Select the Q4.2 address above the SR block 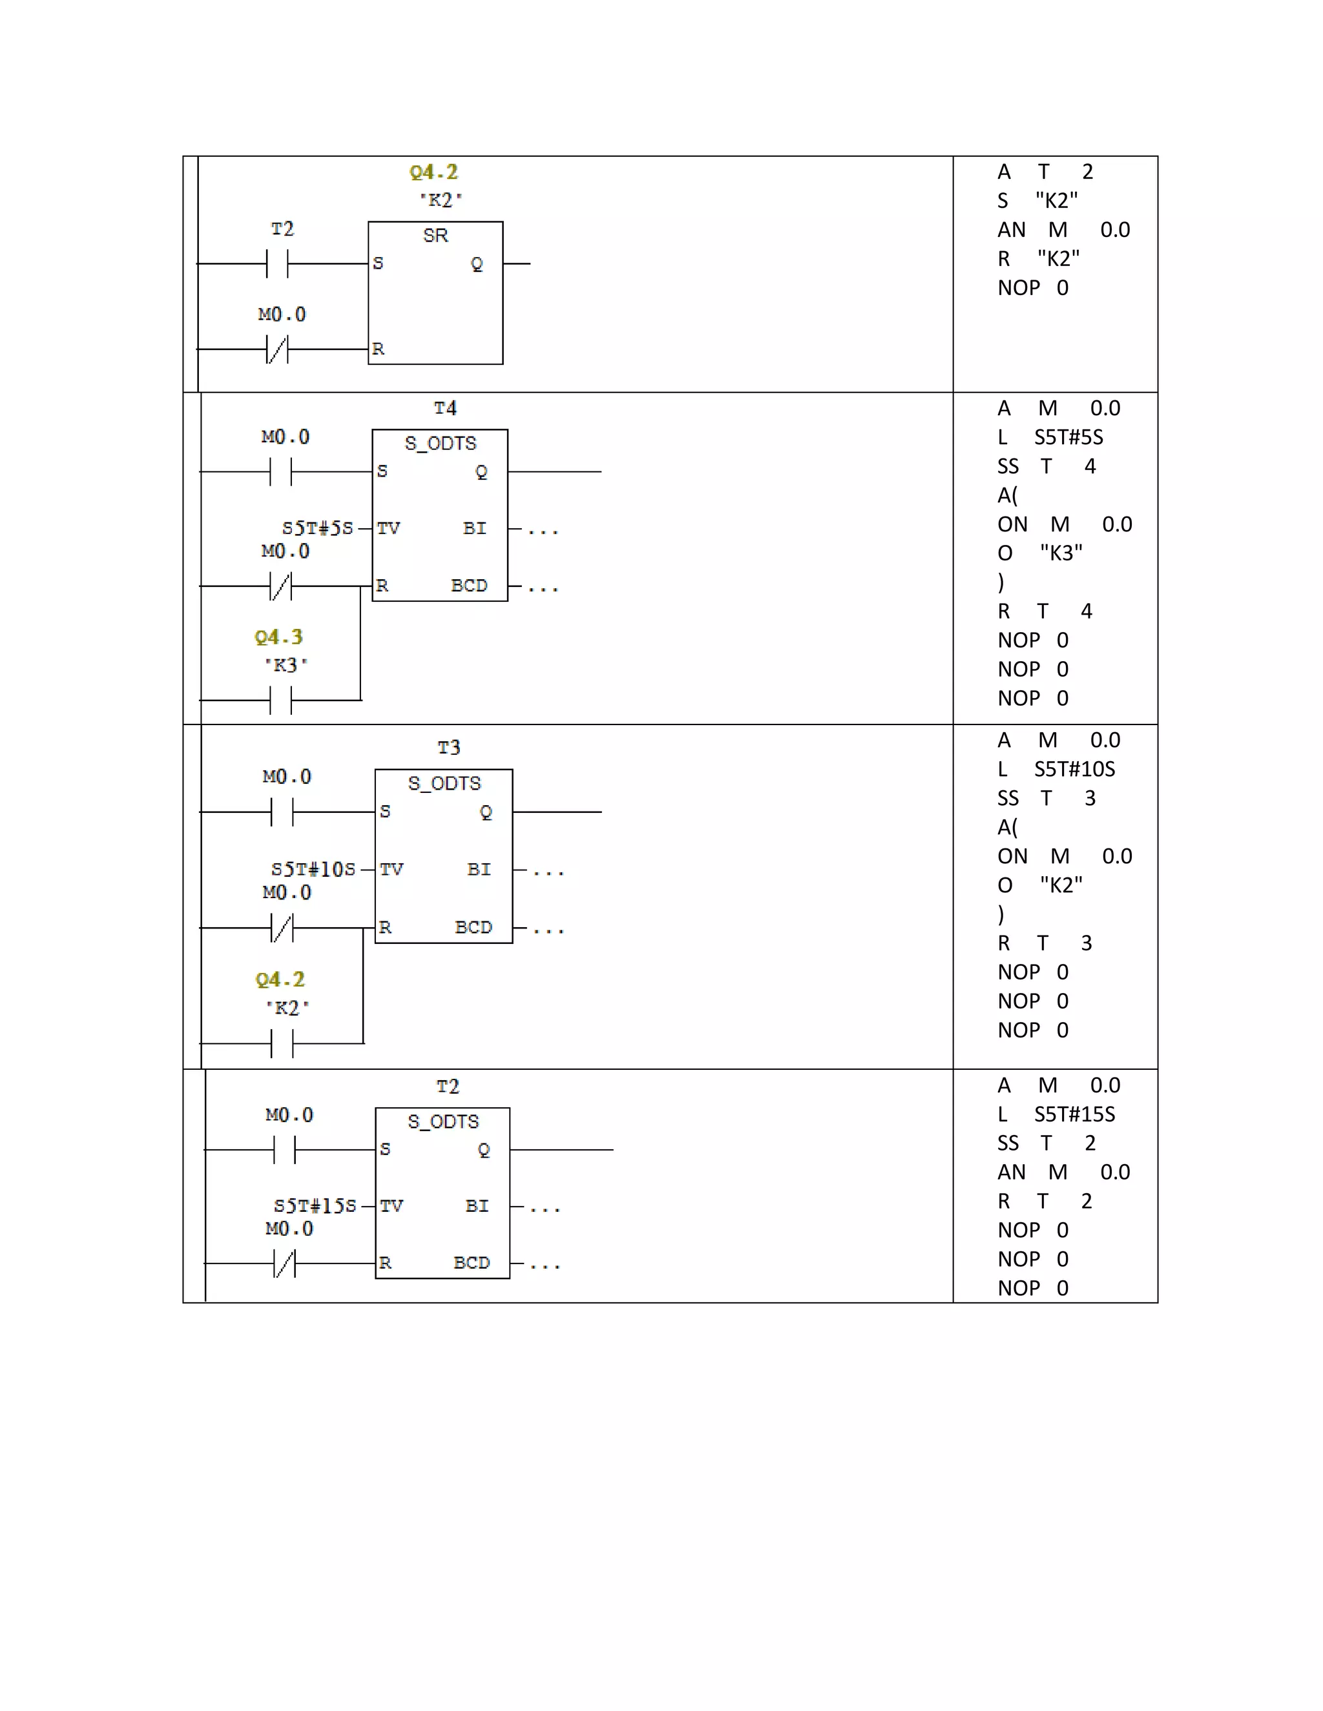click(433, 172)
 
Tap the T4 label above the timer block click(445, 408)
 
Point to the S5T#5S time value click(317, 528)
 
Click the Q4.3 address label click(278, 637)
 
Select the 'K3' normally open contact click(280, 700)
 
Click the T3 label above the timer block click(448, 748)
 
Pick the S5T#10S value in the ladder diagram click(313, 870)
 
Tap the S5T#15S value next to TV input click(315, 1205)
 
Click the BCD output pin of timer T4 click(469, 585)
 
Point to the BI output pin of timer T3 click(479, 869)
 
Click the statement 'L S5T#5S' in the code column click(1050, 437)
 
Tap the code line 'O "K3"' click(1040, 553)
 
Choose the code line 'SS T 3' click(1047, 798)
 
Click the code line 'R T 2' click(1045, 1201)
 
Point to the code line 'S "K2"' click(1037, 201)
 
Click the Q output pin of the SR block click(477, 264)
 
